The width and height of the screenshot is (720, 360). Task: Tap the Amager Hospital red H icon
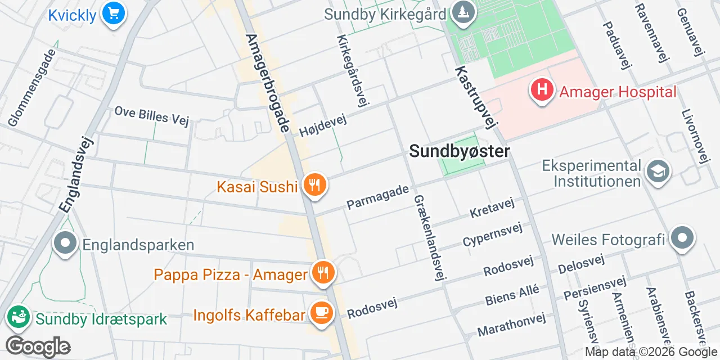pos(542,90)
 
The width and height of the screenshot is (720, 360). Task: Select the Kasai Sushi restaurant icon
pos(314,184)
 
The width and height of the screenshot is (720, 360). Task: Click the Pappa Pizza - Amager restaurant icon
pos(322,273)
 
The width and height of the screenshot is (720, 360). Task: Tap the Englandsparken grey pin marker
pos(65,244)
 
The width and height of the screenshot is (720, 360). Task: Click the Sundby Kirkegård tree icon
pos(463,13)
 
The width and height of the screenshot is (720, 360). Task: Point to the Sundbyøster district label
pos(460,151)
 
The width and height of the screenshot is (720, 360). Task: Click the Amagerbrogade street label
pos(267,83)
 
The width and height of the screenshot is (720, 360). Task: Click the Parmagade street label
pos(377,196)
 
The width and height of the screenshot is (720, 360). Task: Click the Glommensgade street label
pos(32,87)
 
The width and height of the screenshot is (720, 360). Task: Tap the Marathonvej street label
pos(511,325)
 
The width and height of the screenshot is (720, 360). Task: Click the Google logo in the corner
pos(38,346)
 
